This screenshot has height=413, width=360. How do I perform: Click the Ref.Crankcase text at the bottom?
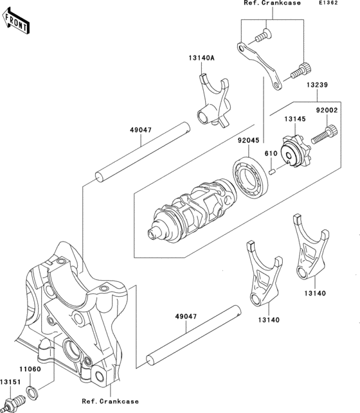tap(110, 401)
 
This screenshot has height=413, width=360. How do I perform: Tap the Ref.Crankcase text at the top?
tap(272, 4)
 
